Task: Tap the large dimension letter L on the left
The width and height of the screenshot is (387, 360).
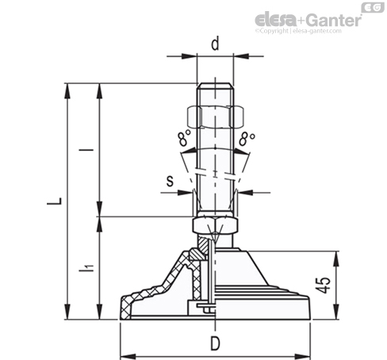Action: click(55, 201)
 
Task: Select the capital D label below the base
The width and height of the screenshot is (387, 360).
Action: click(215, 344)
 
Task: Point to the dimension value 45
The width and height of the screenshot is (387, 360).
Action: click(324, 285)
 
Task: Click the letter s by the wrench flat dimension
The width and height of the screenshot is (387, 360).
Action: click(170, 181)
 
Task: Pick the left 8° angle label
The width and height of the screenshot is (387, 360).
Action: click(185, 138)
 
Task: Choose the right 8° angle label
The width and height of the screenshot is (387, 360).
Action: click(247, 139)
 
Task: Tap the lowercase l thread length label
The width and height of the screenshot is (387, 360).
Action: click(86, 150)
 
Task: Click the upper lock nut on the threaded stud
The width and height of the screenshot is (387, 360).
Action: click(215, 117)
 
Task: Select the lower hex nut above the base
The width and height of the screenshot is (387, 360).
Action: click(215, 225)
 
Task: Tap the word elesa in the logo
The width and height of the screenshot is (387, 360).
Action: click(276, 20)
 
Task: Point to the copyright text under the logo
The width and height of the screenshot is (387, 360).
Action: click(298, 31)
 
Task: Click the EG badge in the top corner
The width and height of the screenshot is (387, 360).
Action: click(373, 7)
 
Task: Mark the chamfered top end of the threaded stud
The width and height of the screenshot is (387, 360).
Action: click(215, 86)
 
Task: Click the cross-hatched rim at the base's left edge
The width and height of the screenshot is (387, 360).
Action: click(125, 307)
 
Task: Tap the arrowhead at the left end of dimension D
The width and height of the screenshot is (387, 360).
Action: click(128, 357)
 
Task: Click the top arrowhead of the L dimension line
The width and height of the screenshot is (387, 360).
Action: click(67, 91)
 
